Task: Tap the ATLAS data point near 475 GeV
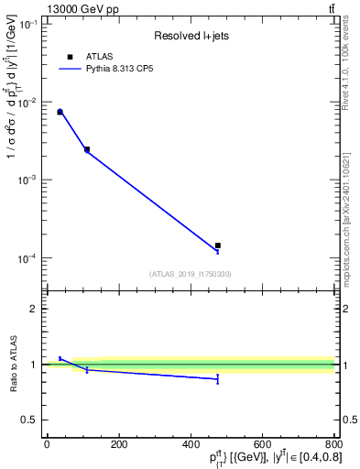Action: click(217, 245)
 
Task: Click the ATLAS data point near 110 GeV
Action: click(87, 149)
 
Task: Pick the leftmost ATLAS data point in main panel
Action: click(60, 112)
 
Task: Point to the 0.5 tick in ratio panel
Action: click(30, 420)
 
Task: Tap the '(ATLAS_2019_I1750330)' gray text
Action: click(190, 274)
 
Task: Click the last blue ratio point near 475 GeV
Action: click(217, 378)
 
